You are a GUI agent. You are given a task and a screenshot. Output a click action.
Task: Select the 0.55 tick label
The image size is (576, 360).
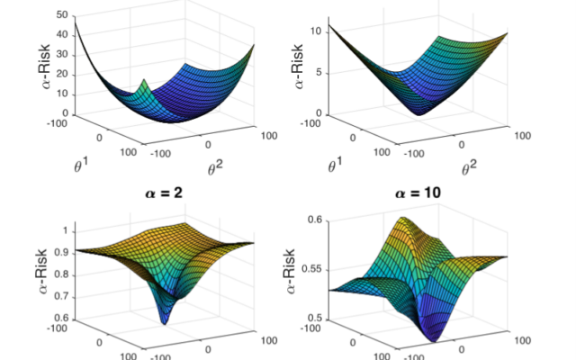pyautogui.click(x=314, y=269)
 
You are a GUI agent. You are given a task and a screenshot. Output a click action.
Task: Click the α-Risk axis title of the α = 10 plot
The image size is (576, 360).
pyautogui.click(x=292, y=269)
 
